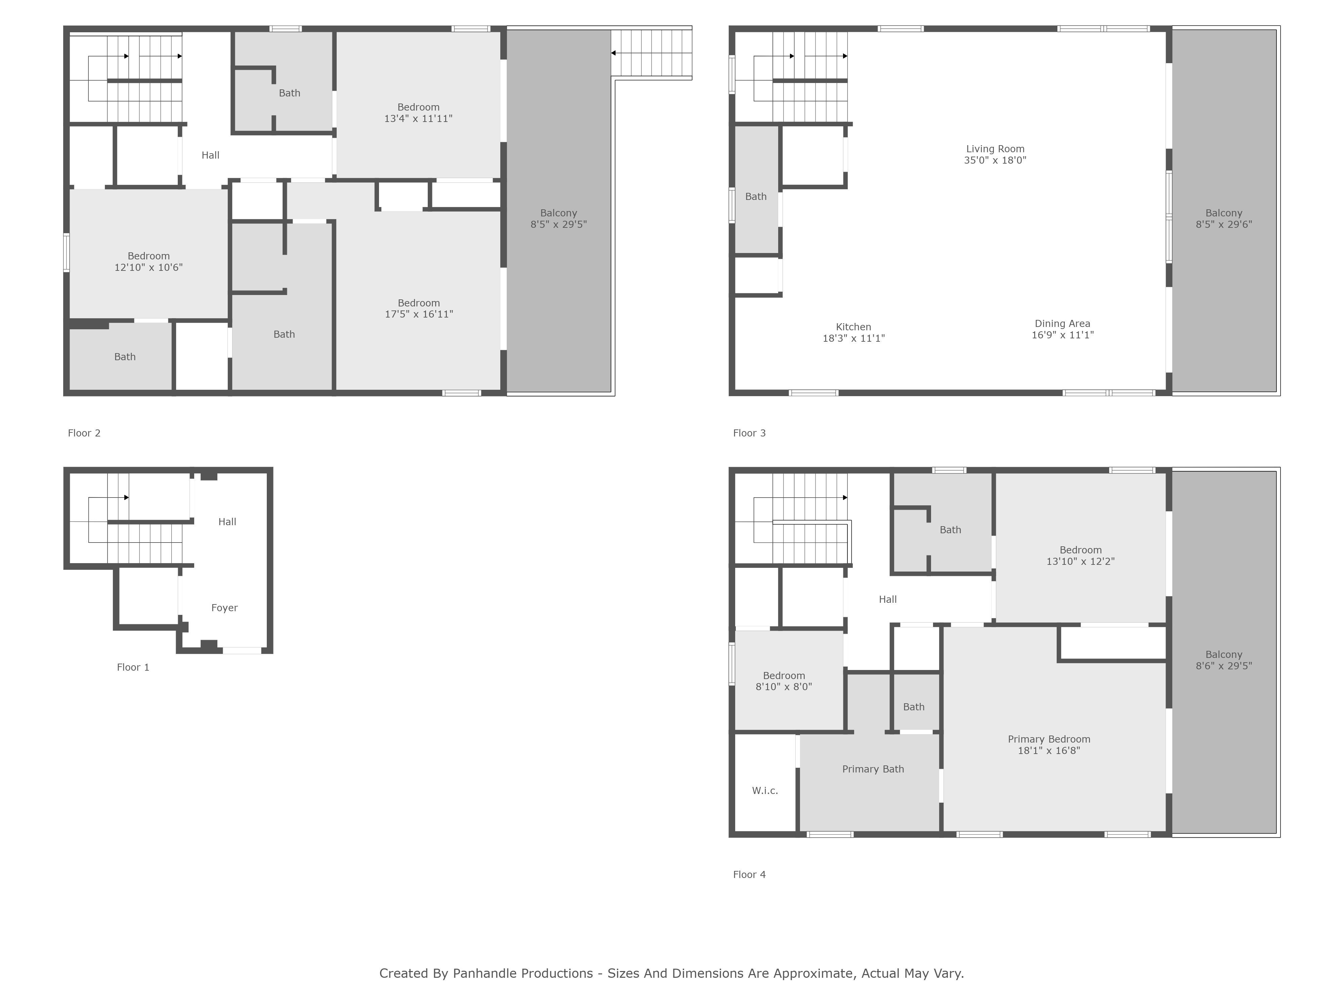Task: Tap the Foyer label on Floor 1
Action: pyautogui.click(x=224, y=607)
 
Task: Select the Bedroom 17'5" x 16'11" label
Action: pyautogui.click(x=419, y=308)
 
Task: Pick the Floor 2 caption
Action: pyautogui.click(x=84, y=433)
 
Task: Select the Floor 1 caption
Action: pyautogui.click(x=132, y=667)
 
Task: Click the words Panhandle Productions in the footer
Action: pyautogui.click(x=522, y=973)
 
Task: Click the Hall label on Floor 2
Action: pyautogui.click(x=210, y=155)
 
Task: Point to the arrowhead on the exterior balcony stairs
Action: pyautogui.click(x=614, y=53)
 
